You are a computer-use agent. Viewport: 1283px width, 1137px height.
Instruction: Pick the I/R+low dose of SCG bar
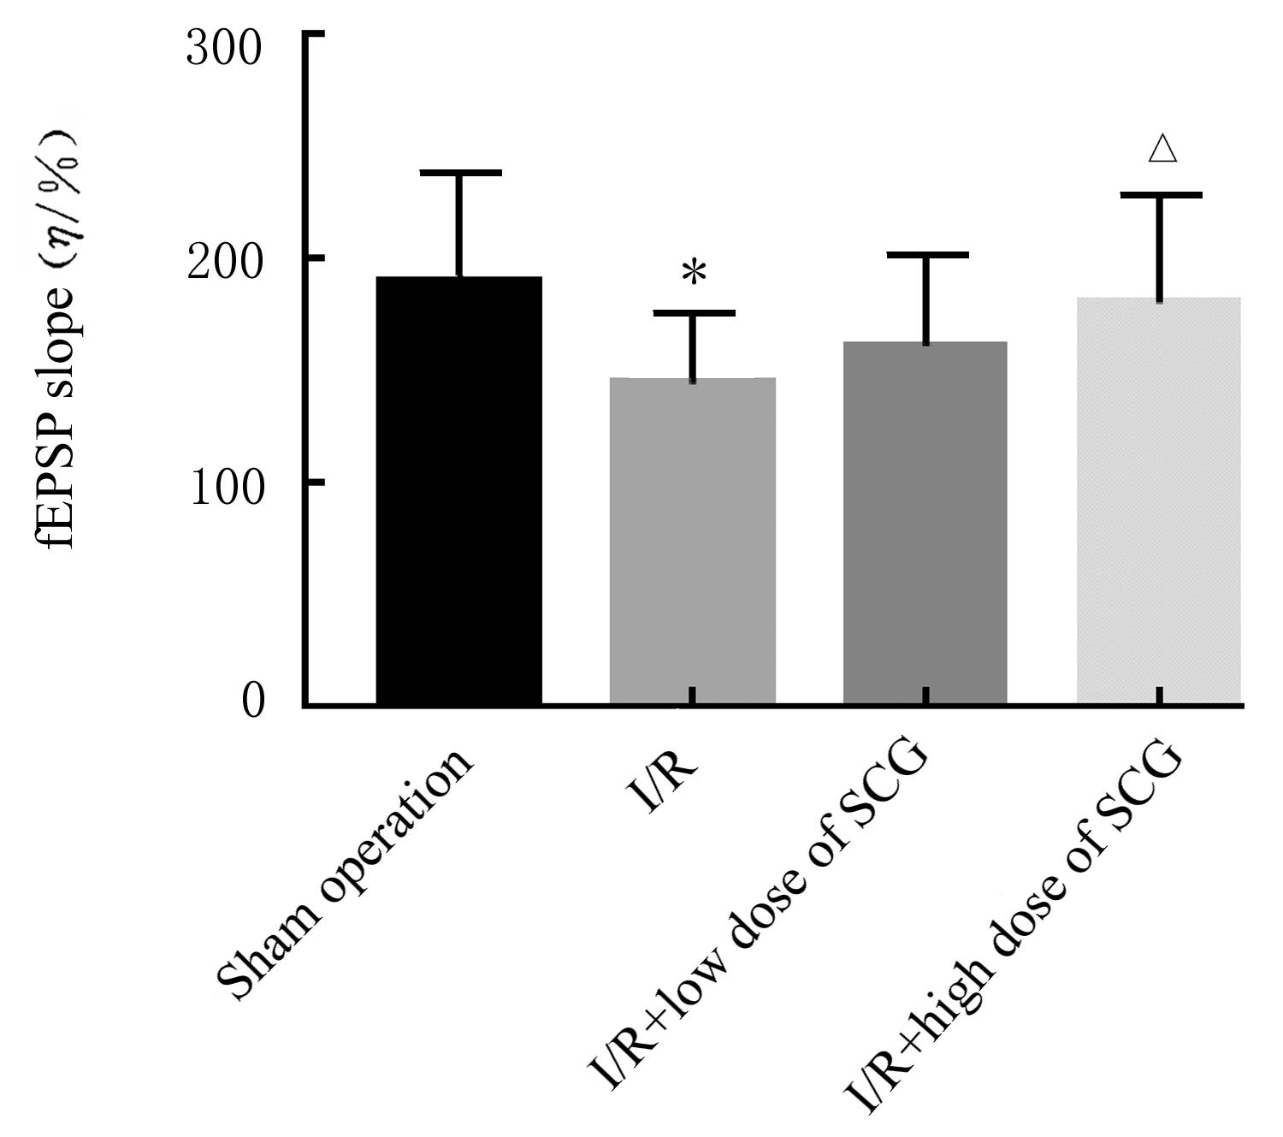(x=925, y=523)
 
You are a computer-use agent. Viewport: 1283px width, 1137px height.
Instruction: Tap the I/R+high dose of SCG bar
(x=1158, y=500)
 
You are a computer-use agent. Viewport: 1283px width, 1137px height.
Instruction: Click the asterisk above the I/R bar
(x=695, y=273)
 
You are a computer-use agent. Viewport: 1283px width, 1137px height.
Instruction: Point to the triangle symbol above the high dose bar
(x=1162, y=149)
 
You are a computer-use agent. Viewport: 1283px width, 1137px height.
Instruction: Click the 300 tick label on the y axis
(x=224, y=49)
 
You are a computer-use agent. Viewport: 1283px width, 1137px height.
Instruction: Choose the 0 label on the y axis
(x=253, y=702)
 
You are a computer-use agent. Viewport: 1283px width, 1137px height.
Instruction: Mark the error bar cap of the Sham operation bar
(x=459, y=173)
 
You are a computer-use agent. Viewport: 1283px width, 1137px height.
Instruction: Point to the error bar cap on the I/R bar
(x=694, y=313)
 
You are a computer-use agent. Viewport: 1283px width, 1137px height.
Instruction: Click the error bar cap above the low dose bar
(x=926, y=255)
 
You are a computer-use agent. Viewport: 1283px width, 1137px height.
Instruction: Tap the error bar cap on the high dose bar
(x=1161, y=196)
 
